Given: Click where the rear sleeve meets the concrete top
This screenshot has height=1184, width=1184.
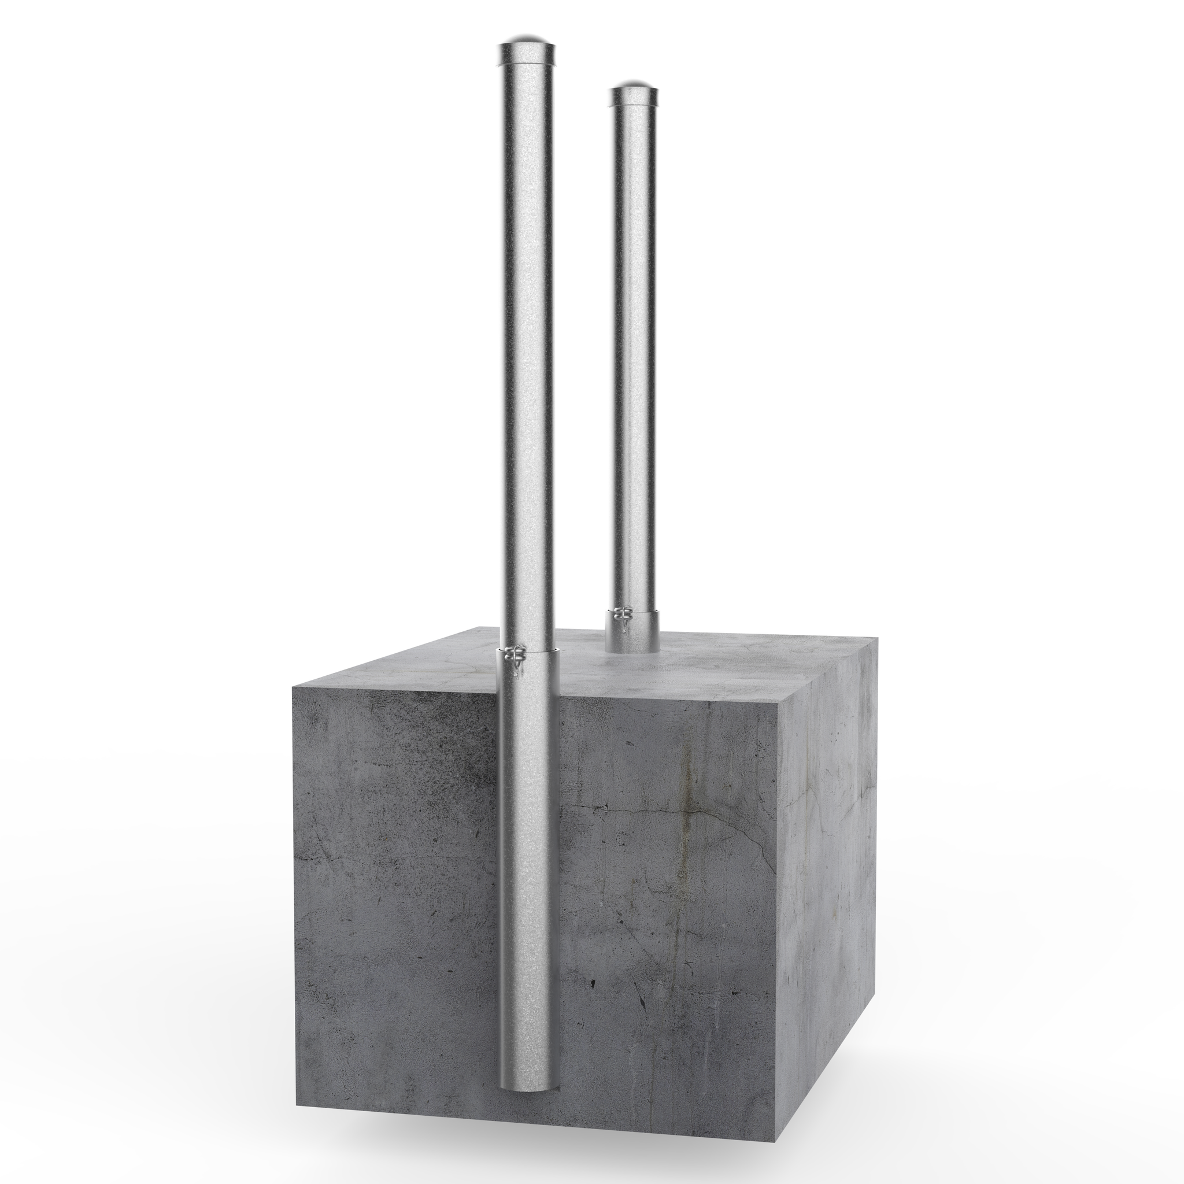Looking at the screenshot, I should pyautogui.click(x=632, y=652).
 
